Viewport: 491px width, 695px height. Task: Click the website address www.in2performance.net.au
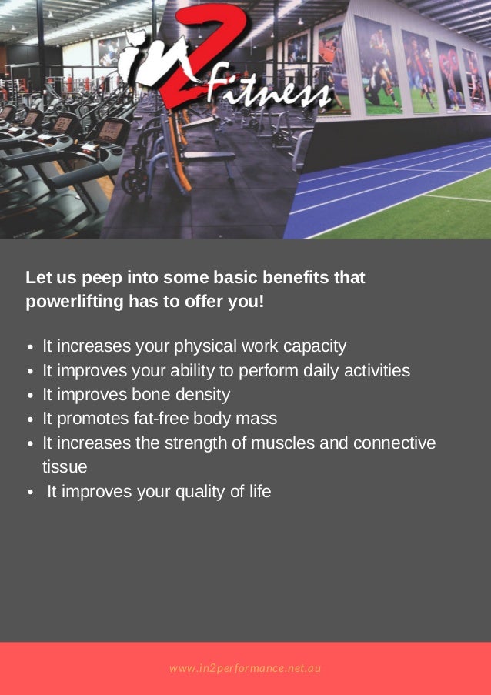(245, 668)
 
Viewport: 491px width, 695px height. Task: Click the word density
(202, 395)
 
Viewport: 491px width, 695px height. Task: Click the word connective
(394, 443)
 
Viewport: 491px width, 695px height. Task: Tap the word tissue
(65, 467)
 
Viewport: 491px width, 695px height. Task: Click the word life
(257, 491)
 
